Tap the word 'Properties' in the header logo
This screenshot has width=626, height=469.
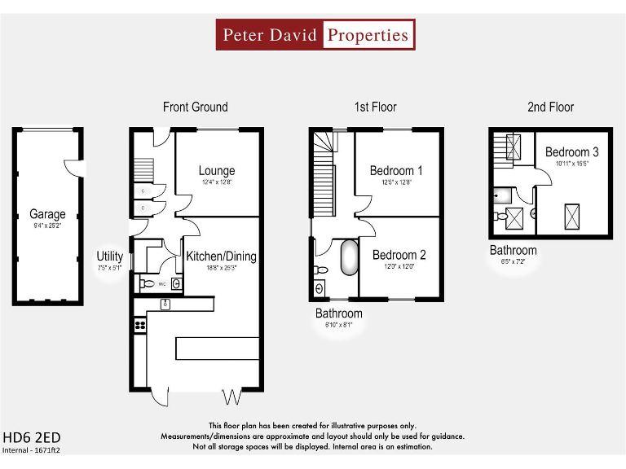[x=368, y=35]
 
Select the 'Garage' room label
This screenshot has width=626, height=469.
[x=47, y=215]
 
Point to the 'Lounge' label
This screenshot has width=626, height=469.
[x=217, y=171]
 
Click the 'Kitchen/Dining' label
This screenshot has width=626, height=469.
[x=221, y=256]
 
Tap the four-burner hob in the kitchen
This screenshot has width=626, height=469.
[x=139, y=326]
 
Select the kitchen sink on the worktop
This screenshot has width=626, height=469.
[x=165, y=305]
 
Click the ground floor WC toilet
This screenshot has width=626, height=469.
[x=148, y=284]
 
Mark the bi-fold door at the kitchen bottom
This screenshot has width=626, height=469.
[x=232, y=397]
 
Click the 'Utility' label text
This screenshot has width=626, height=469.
[x=110, y=256]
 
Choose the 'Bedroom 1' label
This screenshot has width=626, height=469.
[x=396, y=171]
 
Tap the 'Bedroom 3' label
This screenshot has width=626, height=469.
[x=572, y=152]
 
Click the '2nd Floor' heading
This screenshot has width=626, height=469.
[x=550, y=107]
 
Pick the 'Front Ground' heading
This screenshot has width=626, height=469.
[x=196, y=107]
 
